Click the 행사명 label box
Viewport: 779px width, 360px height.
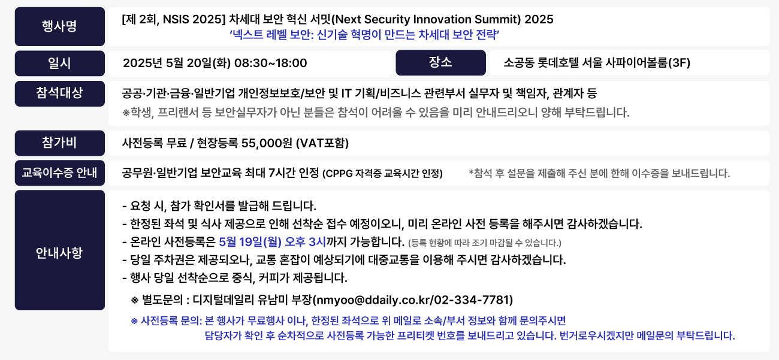[x=59, y=26]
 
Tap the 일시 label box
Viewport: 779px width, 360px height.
[x=59, y=63]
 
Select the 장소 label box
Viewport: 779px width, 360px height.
[x=440, y=62]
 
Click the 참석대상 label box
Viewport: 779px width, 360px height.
[x=59, y=93]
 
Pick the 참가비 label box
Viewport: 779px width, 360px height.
[x=59, y=143]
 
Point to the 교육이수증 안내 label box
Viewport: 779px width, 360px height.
[x=59, y=173]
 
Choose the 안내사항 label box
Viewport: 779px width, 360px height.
[x=59, y=250]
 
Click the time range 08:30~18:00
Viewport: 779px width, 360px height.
[x=271, y=63]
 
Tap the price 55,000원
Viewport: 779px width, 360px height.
[x=267, y=143]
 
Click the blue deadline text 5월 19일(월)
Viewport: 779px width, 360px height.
[x=250, y=242]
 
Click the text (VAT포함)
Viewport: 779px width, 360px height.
[x=322, y=143]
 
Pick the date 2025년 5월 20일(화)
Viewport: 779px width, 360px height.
[x=177, y=63]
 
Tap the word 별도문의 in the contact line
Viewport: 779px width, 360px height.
[x=162, y=300]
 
